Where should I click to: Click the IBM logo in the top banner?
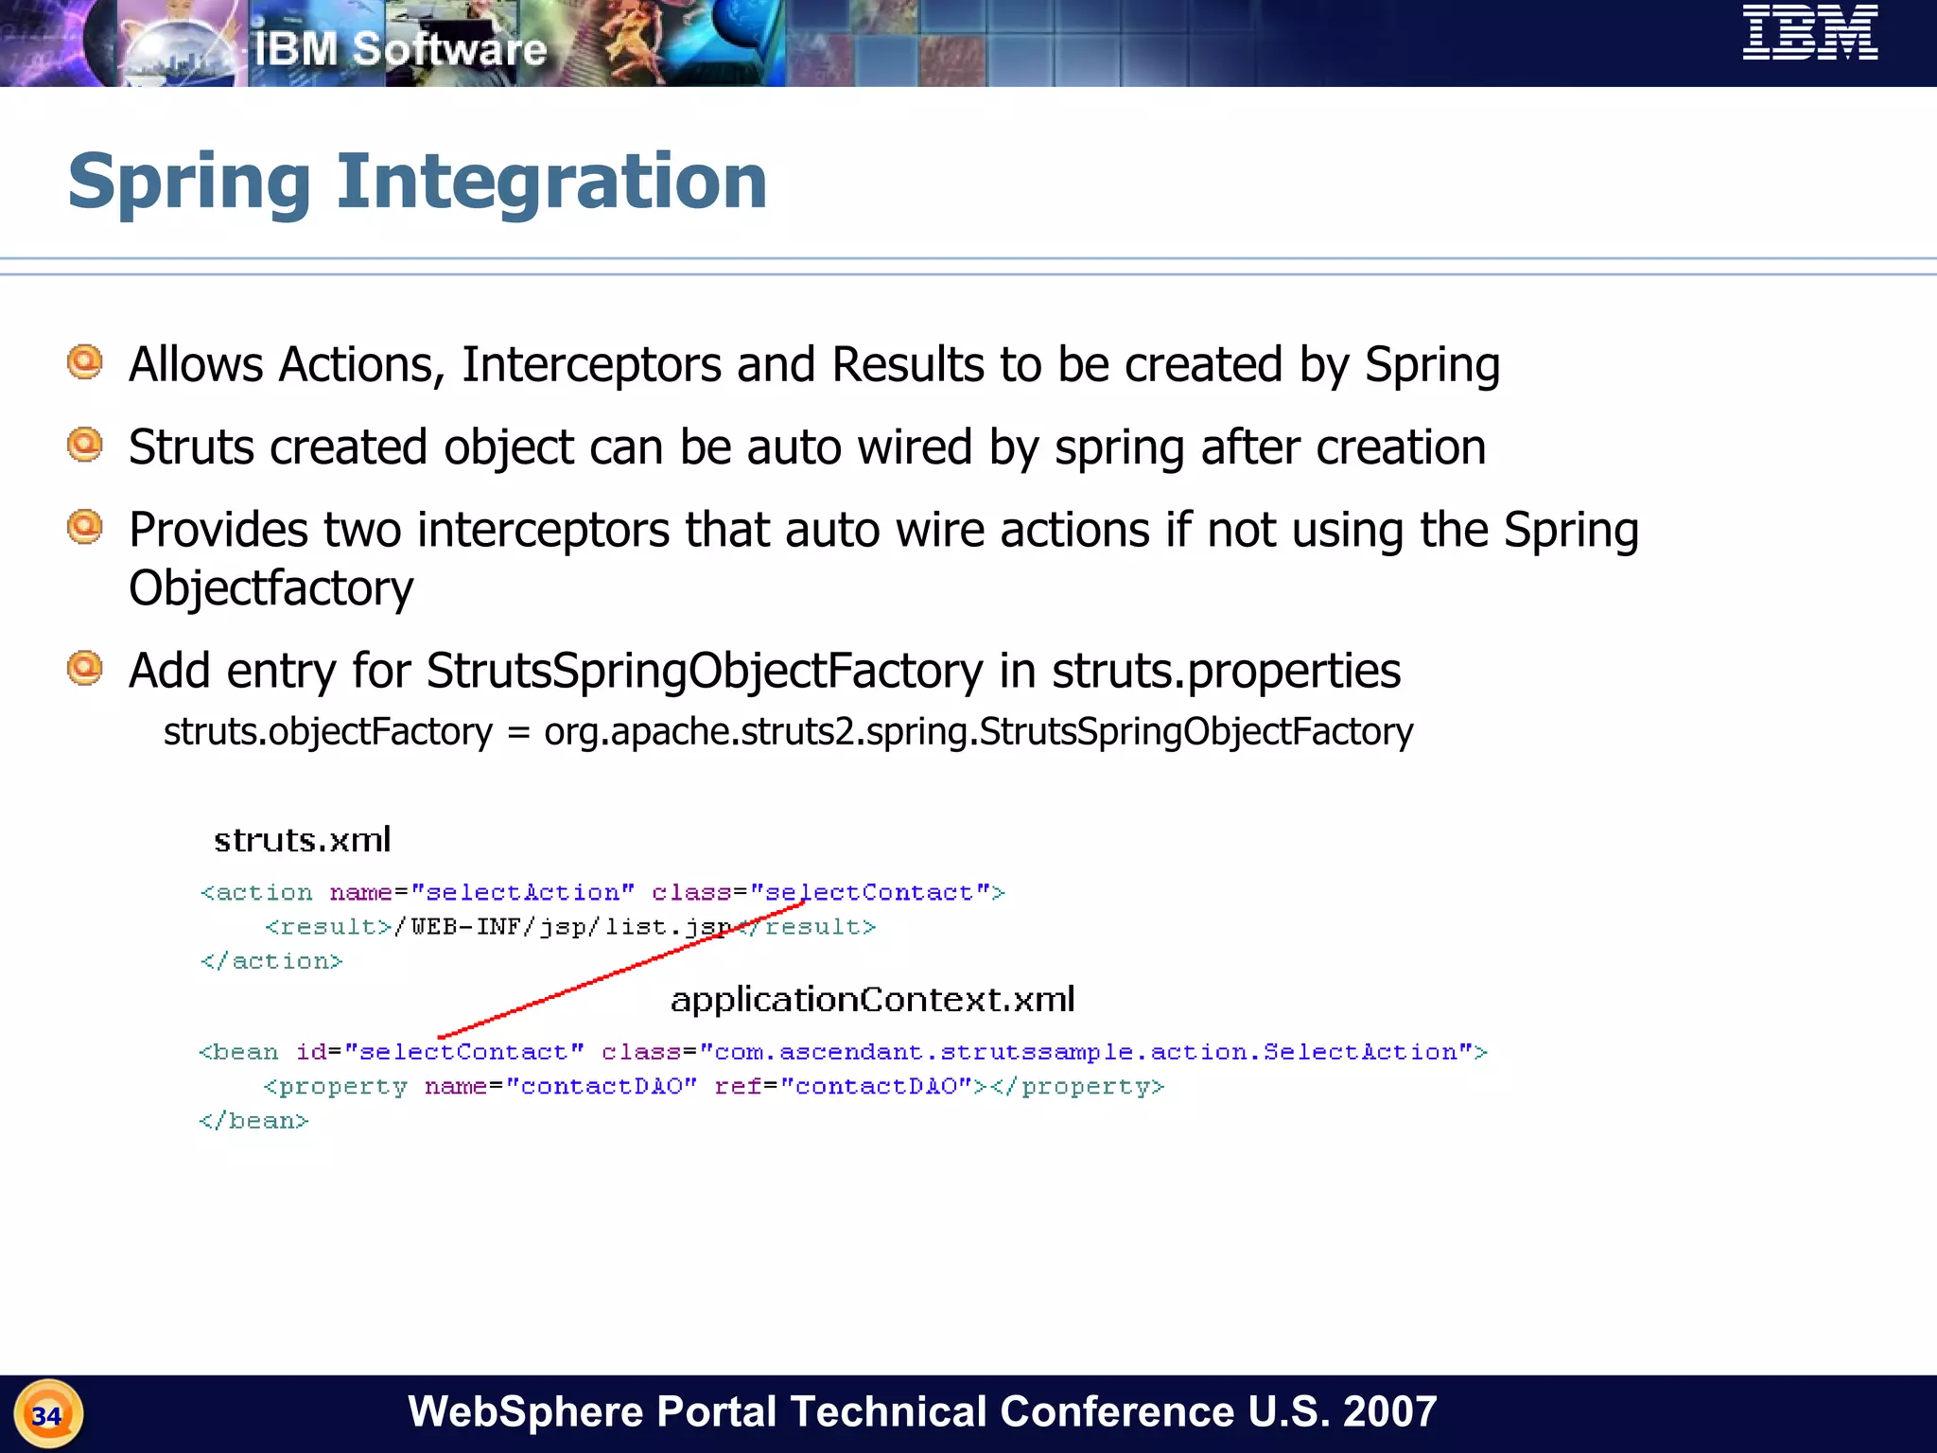[1809, 33]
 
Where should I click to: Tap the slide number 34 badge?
[47, 1415]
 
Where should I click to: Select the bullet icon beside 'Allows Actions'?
[85, 362]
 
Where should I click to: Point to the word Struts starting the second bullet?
[190, 447]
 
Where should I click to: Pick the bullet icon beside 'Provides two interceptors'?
[85, 527]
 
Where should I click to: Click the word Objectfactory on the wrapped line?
[270, 588]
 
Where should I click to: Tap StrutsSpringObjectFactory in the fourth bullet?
[705, 671]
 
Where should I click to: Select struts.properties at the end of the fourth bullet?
[1226, 671]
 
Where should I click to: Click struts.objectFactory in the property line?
[327, 731]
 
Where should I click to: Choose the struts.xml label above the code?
[302, 840]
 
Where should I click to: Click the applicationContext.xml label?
[872, 1000]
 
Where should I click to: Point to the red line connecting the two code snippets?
[619, 971]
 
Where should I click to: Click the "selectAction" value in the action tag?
[523, 892]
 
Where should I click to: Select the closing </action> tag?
[271, 961]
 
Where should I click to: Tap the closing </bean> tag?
[253, 1121]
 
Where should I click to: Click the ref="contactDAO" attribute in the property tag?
[843, 1086]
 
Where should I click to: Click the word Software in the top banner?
[449, 49]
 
